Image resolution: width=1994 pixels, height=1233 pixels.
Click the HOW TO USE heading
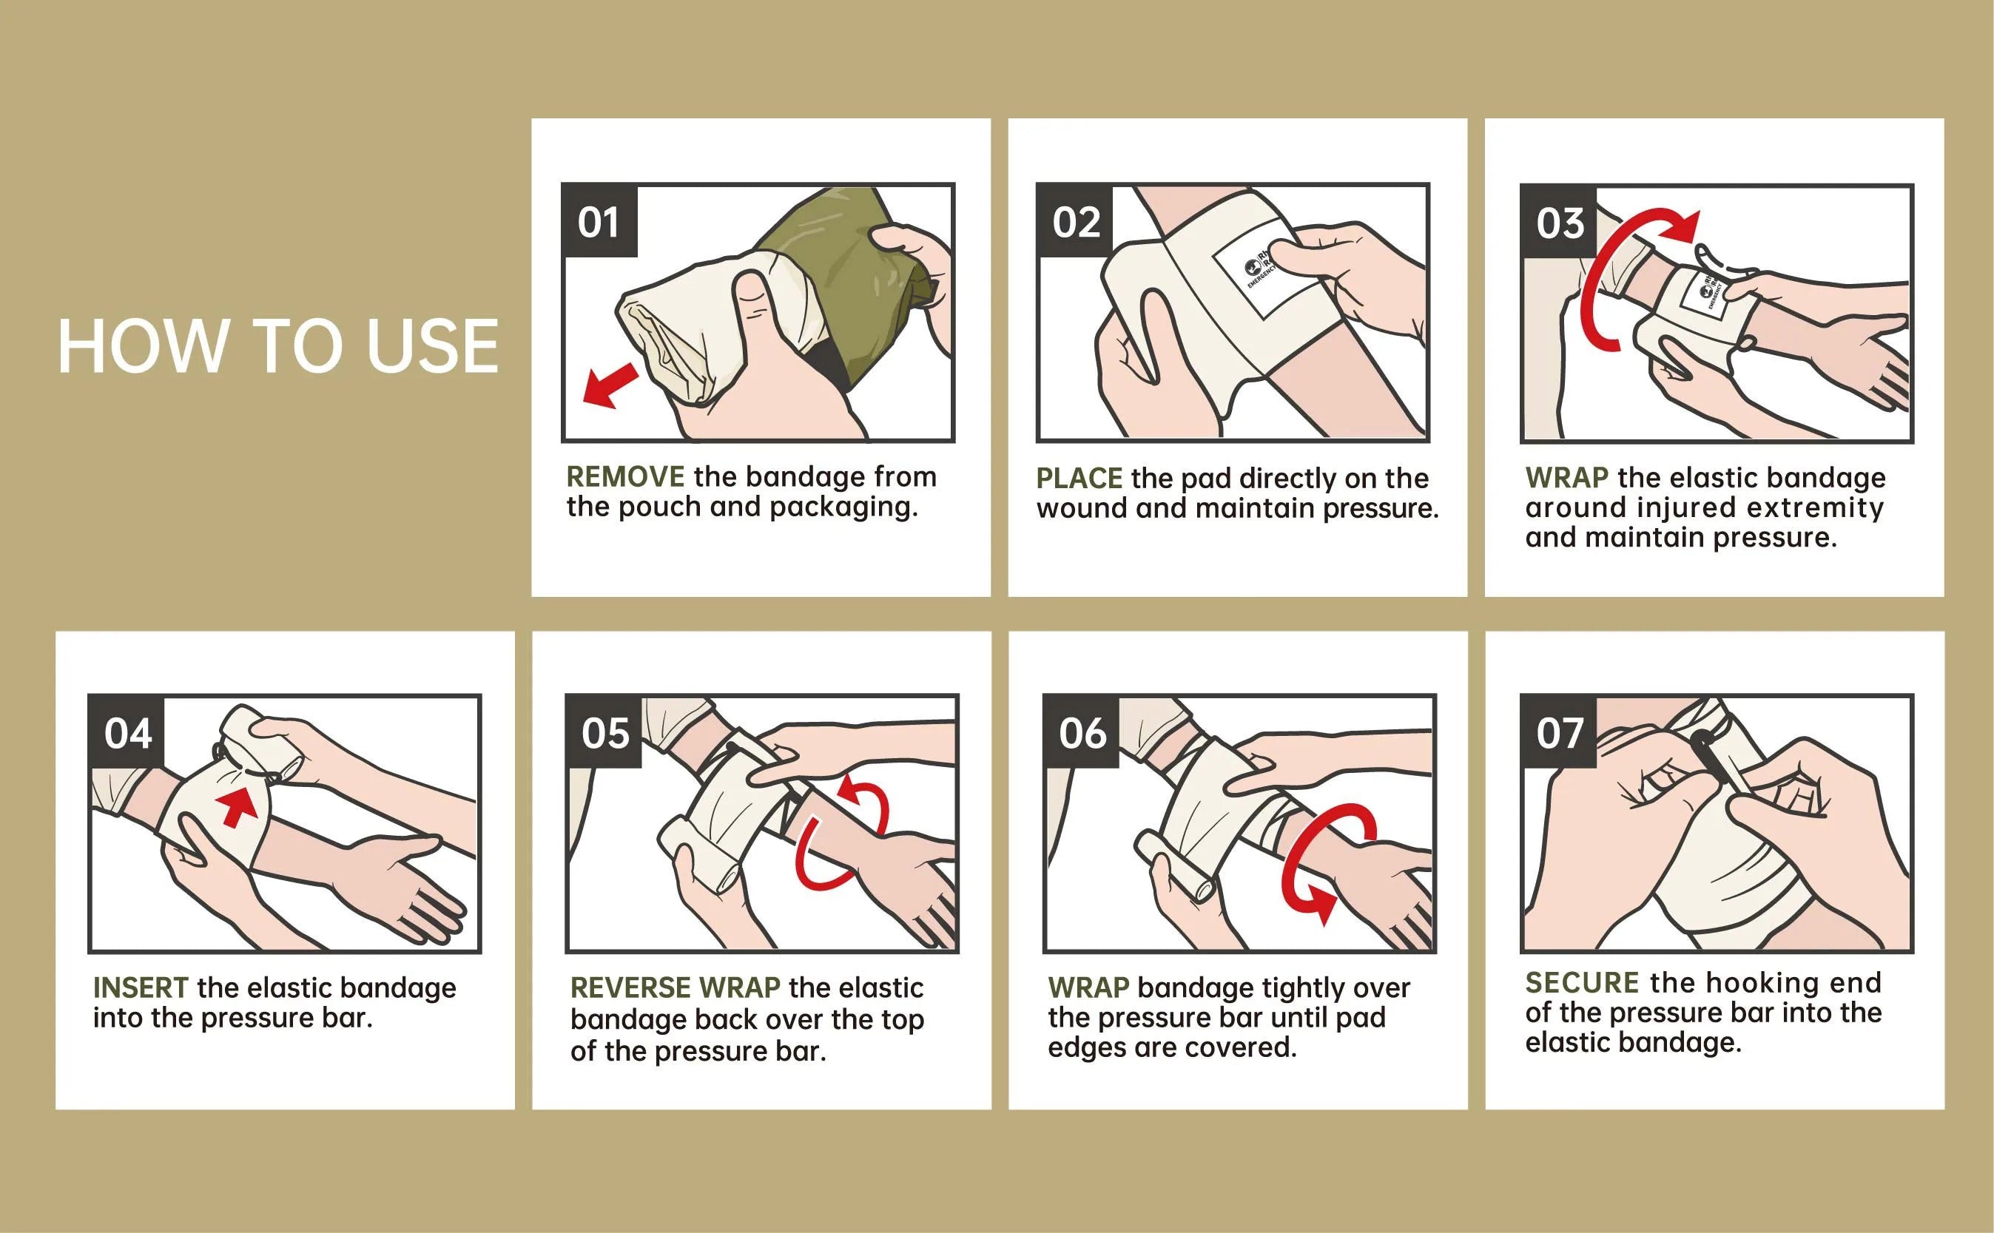[277, 347]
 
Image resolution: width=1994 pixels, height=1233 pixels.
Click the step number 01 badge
[599, 222]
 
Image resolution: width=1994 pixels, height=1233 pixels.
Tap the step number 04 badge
[127, 733]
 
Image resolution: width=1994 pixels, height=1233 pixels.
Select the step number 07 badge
[1560, 732]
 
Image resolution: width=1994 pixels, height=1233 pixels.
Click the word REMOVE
[625, 476]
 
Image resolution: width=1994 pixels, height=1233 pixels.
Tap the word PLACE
[1079, 478]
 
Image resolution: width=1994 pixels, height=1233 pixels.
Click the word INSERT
[141, 987]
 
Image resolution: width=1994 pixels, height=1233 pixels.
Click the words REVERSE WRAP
[676, 987]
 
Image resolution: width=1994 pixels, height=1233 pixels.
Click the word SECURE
[1582, 983]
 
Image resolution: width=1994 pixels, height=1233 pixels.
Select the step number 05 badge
[604, 732]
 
